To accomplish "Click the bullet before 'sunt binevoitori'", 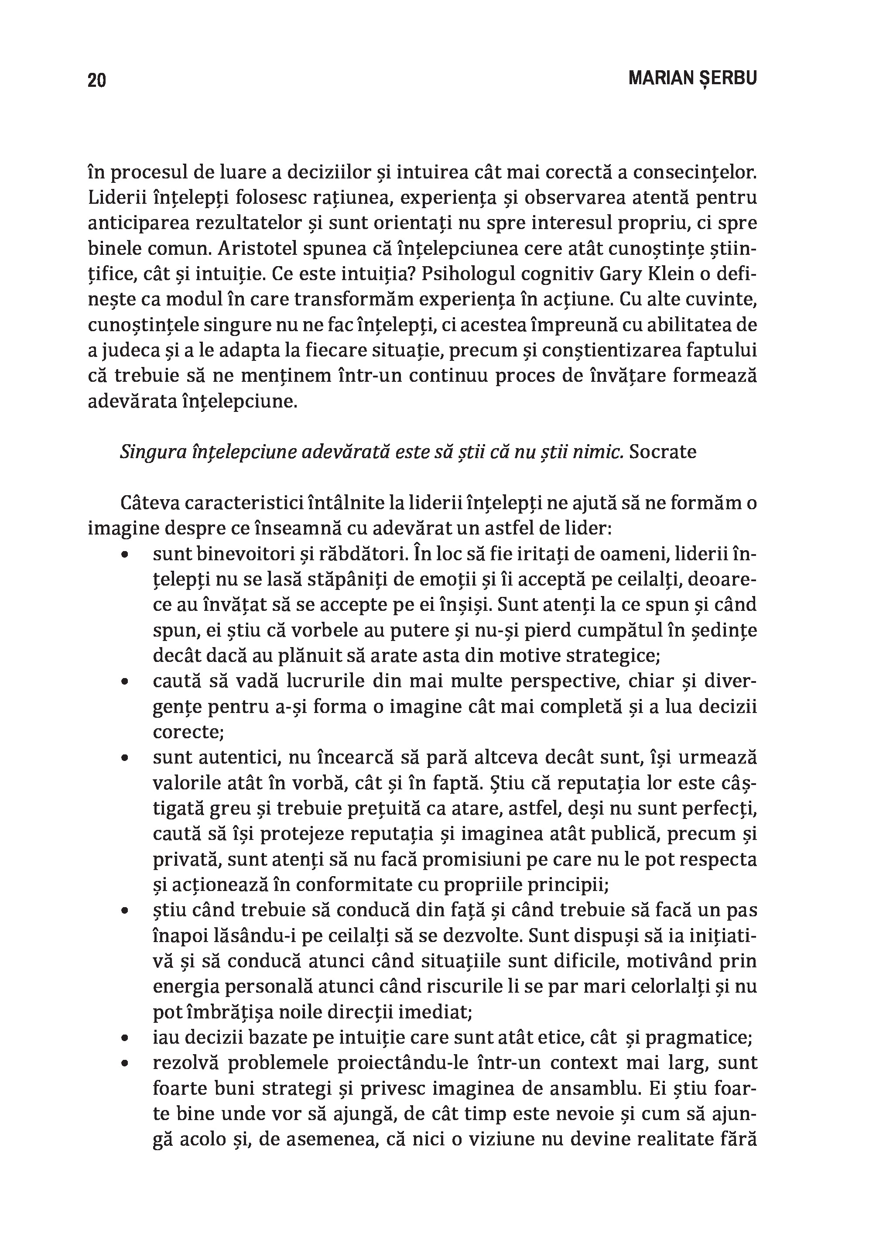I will point(125,554).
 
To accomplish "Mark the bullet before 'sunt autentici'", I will point(125,758).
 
